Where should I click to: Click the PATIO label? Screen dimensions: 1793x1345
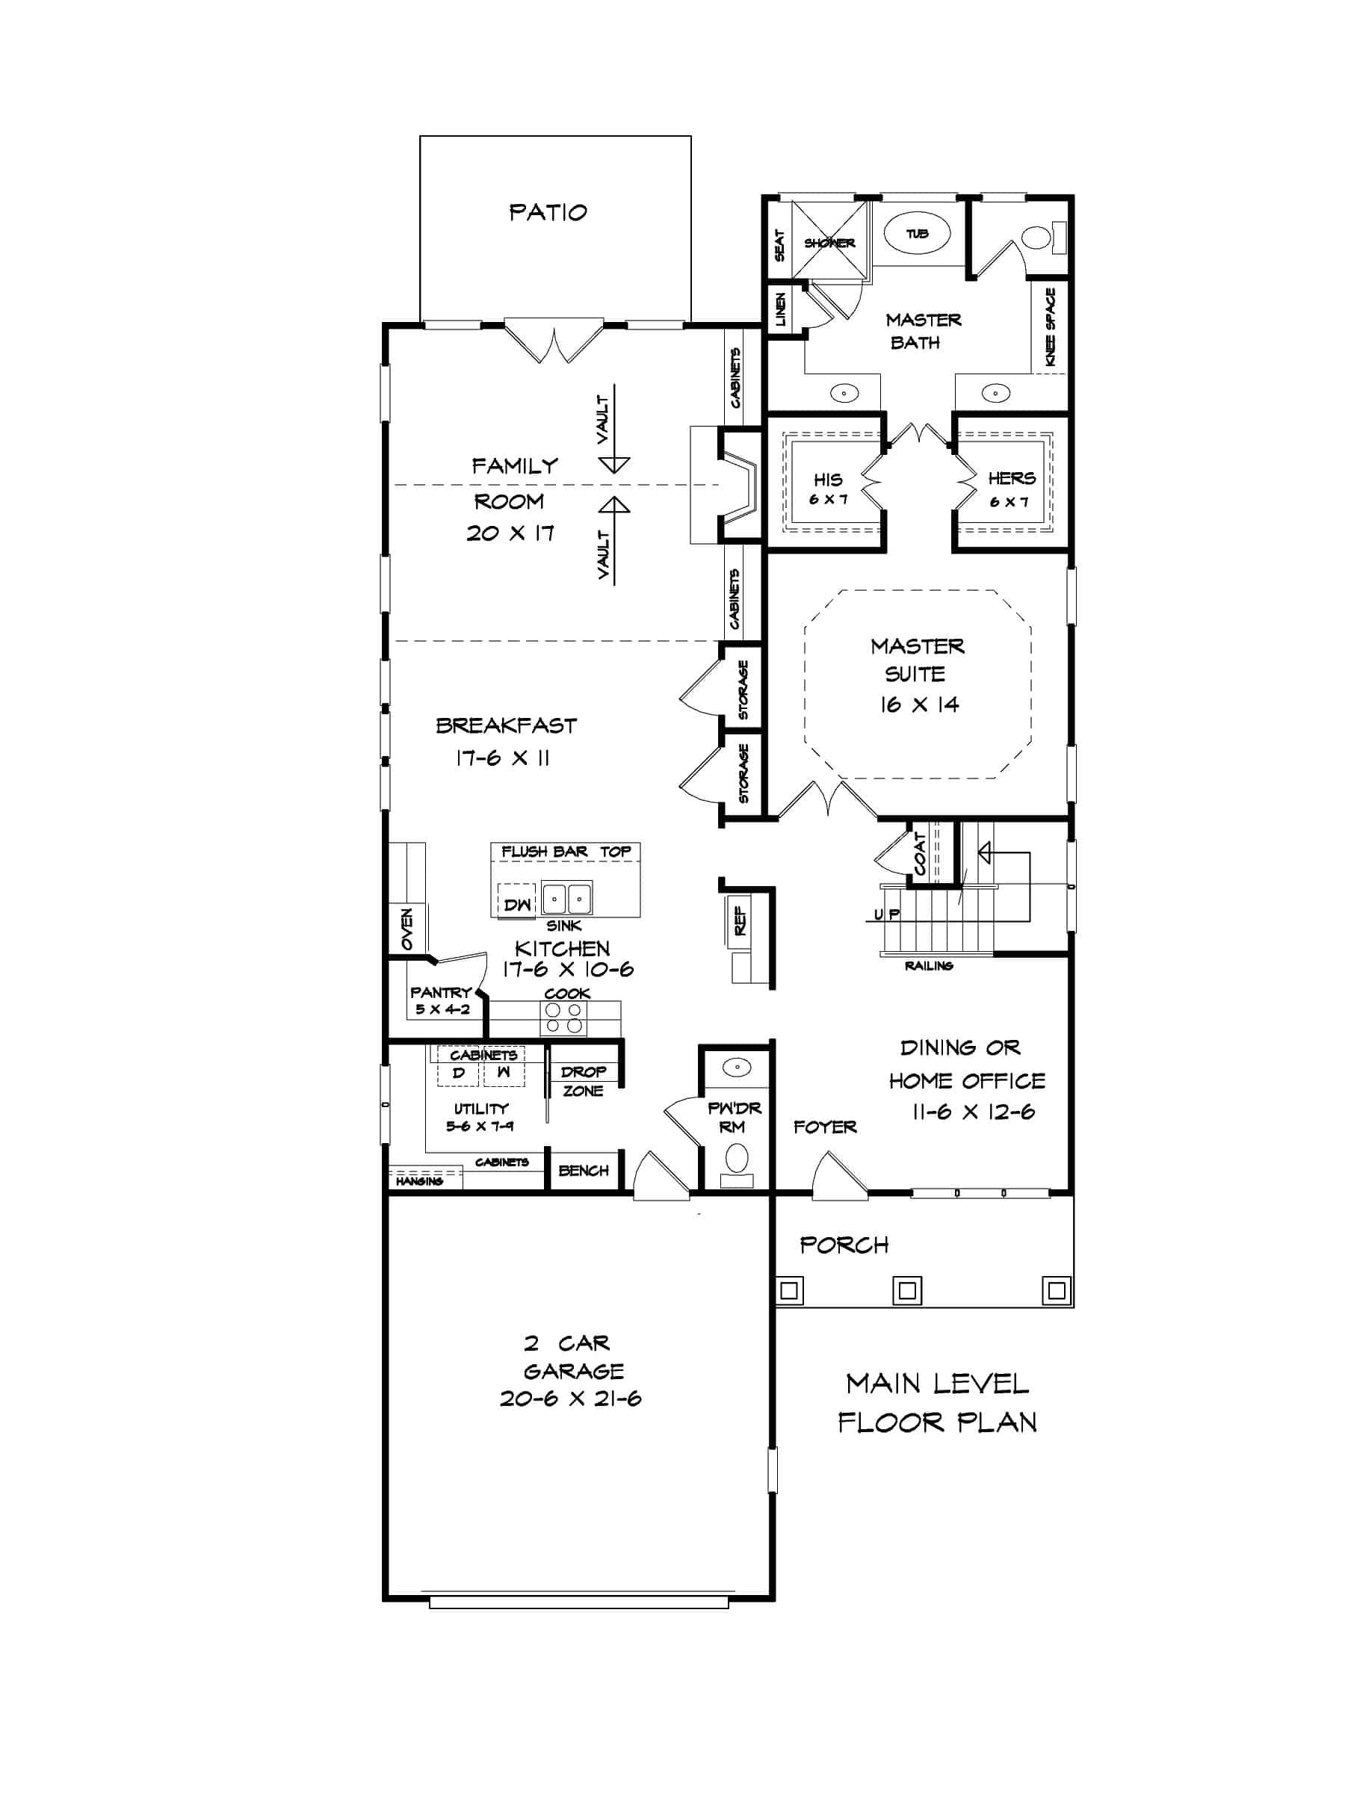click(547, 212)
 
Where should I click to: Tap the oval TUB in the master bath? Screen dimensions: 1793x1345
click(917, 233)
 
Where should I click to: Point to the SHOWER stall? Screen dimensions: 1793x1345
click(829, 241)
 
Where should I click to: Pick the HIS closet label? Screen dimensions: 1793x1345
click(828, 480)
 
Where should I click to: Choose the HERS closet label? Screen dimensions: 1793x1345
click(1011, 478)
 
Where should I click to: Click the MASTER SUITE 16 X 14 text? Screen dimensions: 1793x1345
click(918, 675)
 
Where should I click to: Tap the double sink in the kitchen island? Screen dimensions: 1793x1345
click(566, 898)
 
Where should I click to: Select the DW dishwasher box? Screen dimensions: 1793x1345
click(516, 905)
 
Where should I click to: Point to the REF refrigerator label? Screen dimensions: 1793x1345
click(740, 920)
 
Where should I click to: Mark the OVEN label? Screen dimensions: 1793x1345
click(407, 929)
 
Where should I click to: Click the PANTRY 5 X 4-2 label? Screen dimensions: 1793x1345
click(441, 1000)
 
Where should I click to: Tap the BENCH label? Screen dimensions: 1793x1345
click(583, 1171)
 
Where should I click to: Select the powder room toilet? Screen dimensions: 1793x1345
click(736, 1157)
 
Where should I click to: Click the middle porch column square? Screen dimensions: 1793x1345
click(907, 1289)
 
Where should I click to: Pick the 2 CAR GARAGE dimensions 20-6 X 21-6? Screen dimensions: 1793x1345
click(570, 1399)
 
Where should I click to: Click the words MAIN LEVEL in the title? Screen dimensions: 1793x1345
click(936, 1384)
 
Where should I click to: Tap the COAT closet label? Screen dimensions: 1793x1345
click(919, 853)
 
